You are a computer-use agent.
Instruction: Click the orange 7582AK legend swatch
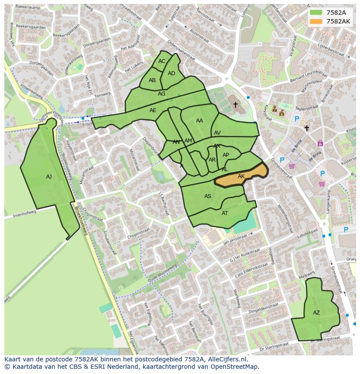coord(316,21)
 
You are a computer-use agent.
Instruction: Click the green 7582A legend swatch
coord(316,13)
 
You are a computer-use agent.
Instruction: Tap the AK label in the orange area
coord(241,176)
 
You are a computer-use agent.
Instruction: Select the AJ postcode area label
coord(49,177)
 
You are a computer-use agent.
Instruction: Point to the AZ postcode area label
coord(316,313)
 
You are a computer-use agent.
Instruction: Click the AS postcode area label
coord(208,196)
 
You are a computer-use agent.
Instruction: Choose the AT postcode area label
coord(225,213)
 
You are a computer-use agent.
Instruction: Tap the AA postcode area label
coord(200,121)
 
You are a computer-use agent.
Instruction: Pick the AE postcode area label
coord(153,110)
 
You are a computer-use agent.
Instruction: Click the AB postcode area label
coord(152,80)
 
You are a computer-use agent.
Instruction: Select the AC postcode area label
coord(162,61)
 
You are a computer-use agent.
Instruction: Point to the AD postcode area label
coord(171,73)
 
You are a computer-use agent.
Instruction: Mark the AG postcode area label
coord(162,94)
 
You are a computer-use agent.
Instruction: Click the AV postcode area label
coord(217,133)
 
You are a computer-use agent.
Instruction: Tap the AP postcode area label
coord(226,155)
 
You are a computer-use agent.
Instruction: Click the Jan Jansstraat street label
coord(238,236)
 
